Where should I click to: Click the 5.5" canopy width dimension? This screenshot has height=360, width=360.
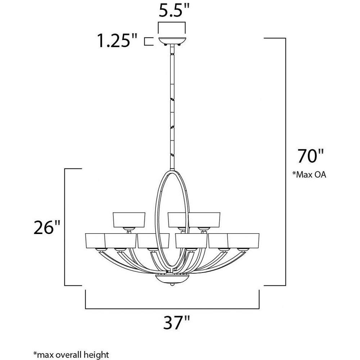[x=174, y=10]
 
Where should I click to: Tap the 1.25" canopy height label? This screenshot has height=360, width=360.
[x=117, y=41]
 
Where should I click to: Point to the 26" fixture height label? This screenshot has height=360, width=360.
[x=47, y=227]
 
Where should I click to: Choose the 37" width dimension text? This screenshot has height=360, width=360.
[x=177, y=323]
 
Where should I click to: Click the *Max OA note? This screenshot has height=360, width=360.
[x=309, y=175]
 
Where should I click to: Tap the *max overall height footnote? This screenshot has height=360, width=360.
[x=71, y=354]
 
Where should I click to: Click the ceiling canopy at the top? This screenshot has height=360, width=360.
[x=172, y=41]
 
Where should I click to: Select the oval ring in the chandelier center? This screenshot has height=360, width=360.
[x=156, y=218]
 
